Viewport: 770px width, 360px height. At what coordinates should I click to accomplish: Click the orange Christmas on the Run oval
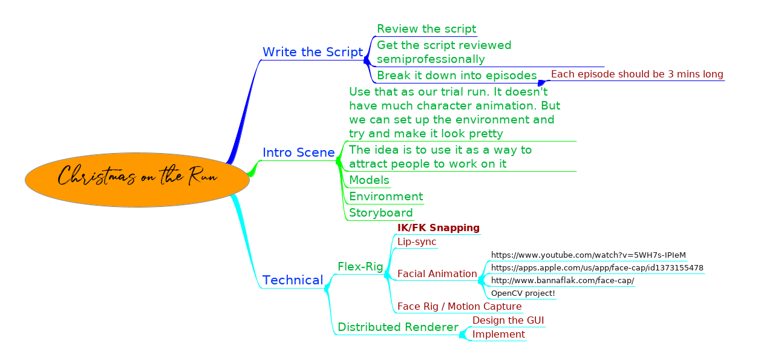point(137,180)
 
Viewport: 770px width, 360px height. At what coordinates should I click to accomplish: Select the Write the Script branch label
point(313,52)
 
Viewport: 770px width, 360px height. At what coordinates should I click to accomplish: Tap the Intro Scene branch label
point(298,152)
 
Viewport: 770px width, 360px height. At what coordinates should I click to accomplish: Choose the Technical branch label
point(293,280)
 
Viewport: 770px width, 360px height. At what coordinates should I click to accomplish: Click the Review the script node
point(426,29)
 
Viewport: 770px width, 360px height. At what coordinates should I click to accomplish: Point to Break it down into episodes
point(457,75)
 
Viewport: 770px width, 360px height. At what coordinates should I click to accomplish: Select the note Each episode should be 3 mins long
point(637,74)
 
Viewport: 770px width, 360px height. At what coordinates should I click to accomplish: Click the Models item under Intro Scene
point(369,180)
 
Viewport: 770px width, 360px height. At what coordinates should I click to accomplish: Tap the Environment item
point(386,196)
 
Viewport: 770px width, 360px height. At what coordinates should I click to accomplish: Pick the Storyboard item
point(381,213)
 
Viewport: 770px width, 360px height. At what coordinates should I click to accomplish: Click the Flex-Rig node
point(361,266)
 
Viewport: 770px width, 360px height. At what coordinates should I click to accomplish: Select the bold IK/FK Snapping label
point(439,227)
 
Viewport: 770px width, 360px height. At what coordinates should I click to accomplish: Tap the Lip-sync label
point(417,242)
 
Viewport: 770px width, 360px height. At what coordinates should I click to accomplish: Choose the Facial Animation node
point(437,273)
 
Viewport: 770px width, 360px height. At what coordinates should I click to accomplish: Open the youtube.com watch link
point(588,255)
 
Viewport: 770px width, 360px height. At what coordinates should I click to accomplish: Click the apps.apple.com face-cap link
point(597,268)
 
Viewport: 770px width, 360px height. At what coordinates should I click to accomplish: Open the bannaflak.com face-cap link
point(563,281)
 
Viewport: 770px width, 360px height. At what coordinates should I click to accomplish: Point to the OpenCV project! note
point(523,293)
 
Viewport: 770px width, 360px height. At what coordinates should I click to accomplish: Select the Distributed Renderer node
point(398,327)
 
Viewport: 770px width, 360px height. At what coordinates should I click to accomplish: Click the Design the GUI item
point(508,321)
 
